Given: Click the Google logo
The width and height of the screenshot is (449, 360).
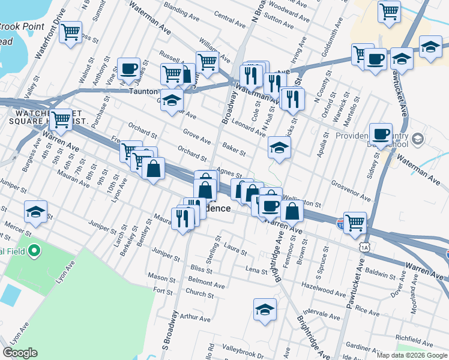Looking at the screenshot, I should [20, 353].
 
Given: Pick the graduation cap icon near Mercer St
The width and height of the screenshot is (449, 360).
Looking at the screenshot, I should [35, 212].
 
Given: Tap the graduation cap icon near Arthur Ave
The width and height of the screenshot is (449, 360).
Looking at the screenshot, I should [264, 309].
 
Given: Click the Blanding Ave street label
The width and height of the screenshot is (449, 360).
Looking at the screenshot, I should [176, 10].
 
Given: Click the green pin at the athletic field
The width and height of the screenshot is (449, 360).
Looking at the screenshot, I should [35, 250].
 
